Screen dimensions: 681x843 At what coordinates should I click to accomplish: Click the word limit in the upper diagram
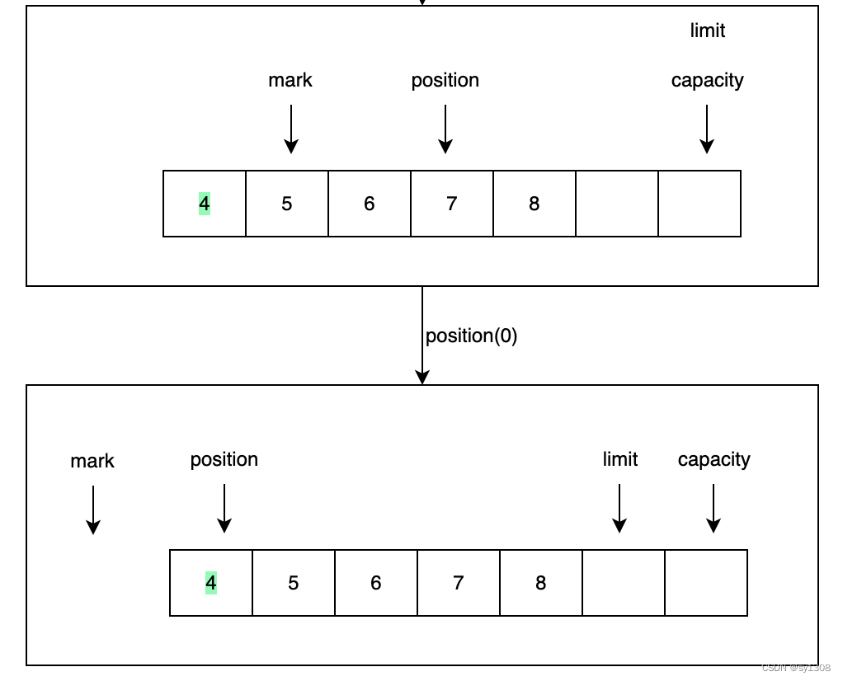click(x=707, y=31)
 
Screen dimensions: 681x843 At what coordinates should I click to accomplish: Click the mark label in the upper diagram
click(x=290, y=80)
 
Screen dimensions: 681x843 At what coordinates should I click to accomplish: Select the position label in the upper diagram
click(x=445, y=80)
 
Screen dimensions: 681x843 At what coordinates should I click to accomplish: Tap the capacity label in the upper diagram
click(x=707, y=80)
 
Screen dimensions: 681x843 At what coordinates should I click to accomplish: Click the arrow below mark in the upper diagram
click(x=290, y=129)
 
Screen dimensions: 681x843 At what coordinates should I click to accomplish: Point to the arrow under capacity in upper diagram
click(x=706, y=129)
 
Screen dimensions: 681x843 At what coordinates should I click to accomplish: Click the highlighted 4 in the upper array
click(x=205, y=204)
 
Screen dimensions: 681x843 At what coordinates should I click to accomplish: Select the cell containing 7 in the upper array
click(x=452, y=204)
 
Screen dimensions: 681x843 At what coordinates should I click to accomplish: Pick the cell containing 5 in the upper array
click(x=287, y=204)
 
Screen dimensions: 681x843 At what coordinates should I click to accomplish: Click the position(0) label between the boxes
click(x=471, y=336)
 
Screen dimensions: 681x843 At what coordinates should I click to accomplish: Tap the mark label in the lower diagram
click(x=92, y=461)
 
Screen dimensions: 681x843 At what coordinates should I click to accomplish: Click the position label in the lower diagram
click(x=224, y=459)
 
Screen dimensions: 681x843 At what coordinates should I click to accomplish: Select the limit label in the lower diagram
click(x=619, y=459)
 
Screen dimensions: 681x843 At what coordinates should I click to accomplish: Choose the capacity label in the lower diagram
click(x=713, y=459)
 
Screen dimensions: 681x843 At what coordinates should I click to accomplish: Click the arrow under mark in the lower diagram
click(x=93, y=510)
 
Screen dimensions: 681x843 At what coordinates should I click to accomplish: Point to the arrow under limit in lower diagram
click(x=619, y=508)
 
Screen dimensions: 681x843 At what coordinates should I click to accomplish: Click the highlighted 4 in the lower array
click(x=211, y=583)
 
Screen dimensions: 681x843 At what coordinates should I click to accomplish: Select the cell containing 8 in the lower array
click(x=541, y=583)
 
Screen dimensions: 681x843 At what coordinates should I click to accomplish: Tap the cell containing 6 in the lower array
click(x=376, y=583)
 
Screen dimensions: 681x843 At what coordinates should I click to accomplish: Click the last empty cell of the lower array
click(x=706, y=583)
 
